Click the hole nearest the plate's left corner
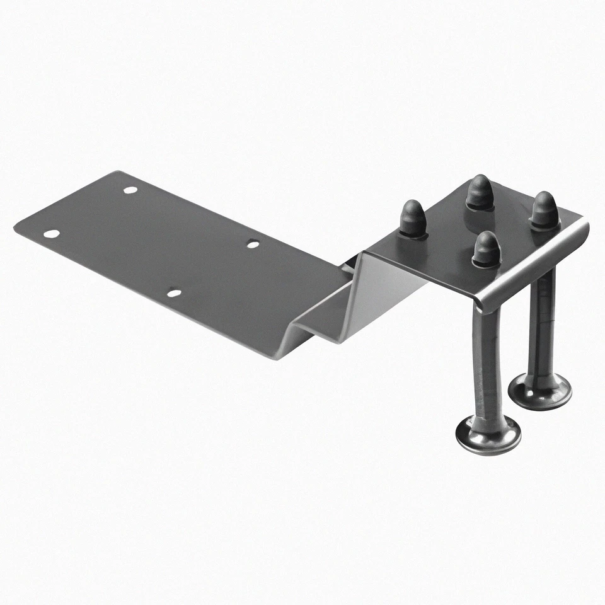tap(51, 234)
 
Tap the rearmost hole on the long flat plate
tap(130, 190)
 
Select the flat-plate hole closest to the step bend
tap(253, 244)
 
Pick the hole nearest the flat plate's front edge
tap(174, 293)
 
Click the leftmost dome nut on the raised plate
tap(413, 219)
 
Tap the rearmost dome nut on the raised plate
tap(480, 193)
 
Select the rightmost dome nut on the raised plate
tap(544, 210)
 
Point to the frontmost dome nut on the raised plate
tap(487, 249)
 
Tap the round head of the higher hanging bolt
tap(540, 391)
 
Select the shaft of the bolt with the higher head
tap(542, 321)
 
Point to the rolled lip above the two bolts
tap(536, 265)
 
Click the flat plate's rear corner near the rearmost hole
tap(117, 172)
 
